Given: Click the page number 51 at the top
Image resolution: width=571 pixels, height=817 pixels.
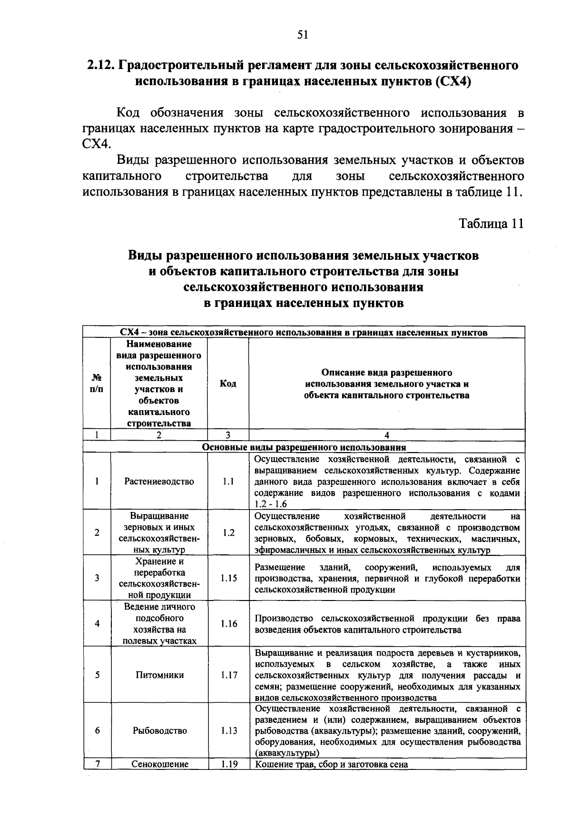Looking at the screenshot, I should [x=303, y=34].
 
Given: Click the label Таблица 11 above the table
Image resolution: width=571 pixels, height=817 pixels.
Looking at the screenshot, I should [x=491, y=224].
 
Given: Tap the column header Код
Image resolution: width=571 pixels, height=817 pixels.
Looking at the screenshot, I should [x=228, y=384].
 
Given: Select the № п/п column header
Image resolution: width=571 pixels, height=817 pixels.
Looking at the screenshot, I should [x=97, y=384].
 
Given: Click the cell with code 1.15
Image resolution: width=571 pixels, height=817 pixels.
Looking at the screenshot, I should [x=228, y=578].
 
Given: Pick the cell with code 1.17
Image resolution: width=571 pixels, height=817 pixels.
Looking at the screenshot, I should [x=228, y=675].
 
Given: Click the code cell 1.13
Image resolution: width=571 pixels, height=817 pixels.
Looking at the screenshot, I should [x=228, y=730].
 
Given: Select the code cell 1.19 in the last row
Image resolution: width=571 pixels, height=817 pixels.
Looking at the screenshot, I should [x=228, y=764].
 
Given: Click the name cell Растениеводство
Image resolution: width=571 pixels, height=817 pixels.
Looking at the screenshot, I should [x=159, y=482].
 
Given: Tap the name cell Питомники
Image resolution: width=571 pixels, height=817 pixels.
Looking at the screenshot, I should [x=159, y=675].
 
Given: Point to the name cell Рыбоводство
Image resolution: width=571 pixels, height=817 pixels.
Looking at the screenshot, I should [x=159, y=730].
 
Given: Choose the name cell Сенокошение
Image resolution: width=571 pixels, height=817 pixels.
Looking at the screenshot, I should [x=159, y=764].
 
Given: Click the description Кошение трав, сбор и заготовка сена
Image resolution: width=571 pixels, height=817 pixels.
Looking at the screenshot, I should [x=332, y=764].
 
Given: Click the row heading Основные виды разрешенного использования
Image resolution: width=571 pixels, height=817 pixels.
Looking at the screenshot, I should [x=304, y=447].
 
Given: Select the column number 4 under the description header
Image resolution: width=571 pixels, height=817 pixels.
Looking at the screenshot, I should [x=387, y=434].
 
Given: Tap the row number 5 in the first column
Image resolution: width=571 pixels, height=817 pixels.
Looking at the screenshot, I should [x=97, y=675].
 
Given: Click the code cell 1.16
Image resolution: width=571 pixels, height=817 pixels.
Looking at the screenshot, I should [x=228, y=624].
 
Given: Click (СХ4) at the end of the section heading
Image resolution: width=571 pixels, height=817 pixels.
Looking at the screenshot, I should [x=453, y=81].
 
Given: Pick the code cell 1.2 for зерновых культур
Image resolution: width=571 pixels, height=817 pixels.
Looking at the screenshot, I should [x=228, y=532].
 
